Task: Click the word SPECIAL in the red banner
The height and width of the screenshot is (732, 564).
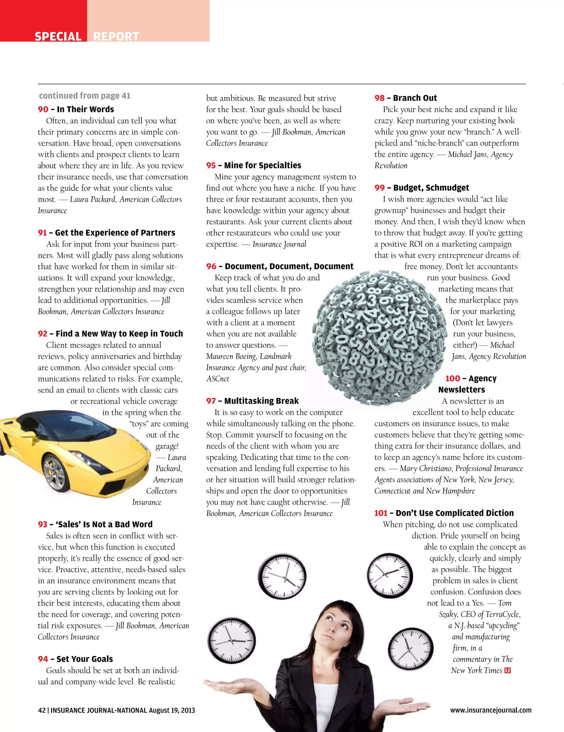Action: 58,37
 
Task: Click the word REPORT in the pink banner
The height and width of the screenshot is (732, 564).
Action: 116,37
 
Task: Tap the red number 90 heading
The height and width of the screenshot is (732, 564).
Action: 43,109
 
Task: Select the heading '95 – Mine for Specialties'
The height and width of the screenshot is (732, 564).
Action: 254,165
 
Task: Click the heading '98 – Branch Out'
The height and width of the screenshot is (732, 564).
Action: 405,98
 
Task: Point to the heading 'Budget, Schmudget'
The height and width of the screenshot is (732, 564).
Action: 431,188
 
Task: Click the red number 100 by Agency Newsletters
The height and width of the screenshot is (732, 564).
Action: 452,379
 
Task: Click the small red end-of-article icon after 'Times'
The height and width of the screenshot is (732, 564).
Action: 507,670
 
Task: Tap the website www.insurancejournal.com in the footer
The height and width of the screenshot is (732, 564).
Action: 490,710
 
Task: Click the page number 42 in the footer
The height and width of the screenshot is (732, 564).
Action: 42,711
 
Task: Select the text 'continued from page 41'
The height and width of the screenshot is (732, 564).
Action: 85,96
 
